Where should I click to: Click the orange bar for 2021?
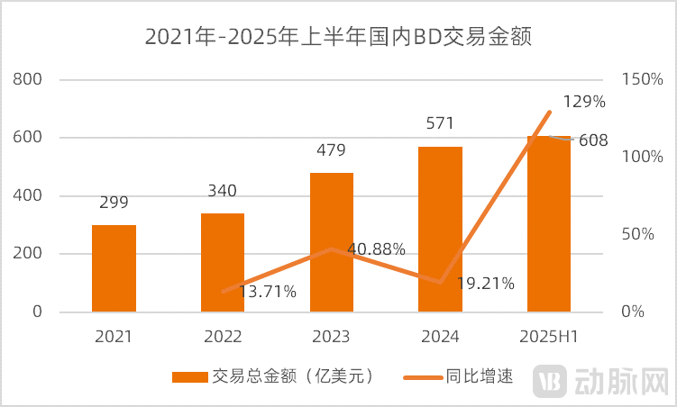(x=114, y=268)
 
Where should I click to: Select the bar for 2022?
(x=223, y=263)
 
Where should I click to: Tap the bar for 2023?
(x=332, y=242)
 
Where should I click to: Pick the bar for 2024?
(x=441, y=230)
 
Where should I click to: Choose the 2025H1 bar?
(x=549, y=224)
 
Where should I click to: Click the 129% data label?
(x=583, y=102)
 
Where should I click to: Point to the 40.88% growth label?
(x=376, y=249)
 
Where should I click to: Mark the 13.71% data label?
(x=266, y=291)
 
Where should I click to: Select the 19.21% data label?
(x=485, y=284)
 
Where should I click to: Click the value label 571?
(x=440, y=123)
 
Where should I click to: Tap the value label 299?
(x=114, y=203)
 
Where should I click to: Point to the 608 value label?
(x=592, y=140)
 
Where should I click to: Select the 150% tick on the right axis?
(x=642, y=79)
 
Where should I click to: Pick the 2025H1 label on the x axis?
(x=549, y=337)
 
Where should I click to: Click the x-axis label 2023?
(x=331, y=337)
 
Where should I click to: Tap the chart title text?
(x=338, y=38)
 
